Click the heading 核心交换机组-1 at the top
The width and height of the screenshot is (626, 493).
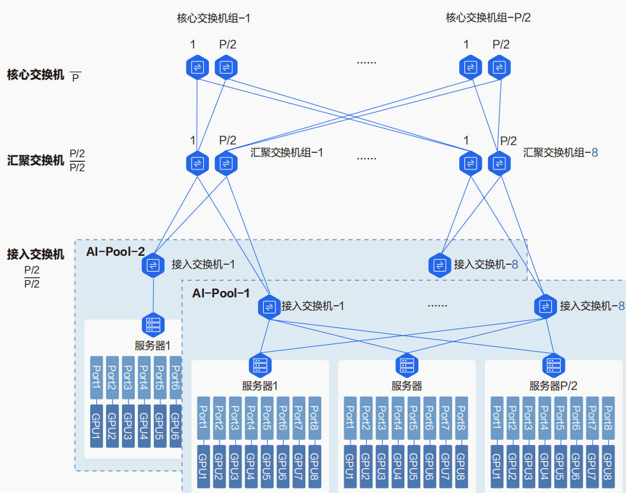(x=213, y=18)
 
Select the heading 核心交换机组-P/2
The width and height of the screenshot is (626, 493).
(x=488, y=18)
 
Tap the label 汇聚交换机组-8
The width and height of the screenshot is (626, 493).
(x=560, y=153)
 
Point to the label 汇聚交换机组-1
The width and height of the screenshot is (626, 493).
(x=287, y=153)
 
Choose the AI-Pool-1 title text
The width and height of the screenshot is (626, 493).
(x=221, y=293)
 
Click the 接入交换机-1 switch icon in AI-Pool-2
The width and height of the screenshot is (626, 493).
(x=153, y=264)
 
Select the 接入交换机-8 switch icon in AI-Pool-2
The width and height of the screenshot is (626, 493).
(x=440, y=264)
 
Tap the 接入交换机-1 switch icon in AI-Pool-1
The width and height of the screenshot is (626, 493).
(x=270, y=306)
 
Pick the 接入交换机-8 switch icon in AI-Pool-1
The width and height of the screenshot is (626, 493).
(x=546, y=306)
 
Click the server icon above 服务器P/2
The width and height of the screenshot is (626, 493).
(x=553, y=365)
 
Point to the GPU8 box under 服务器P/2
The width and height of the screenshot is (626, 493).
(x=607, y=466)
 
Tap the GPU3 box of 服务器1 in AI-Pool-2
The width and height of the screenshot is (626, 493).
(x=128, y=425)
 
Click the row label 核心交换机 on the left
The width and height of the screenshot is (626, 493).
(x=36, y=75)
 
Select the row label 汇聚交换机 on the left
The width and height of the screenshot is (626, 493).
(x=36, y=160)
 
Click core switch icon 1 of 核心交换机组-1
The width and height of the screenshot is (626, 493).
(x=197, y=67)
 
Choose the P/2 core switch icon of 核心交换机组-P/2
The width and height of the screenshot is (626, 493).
(x=500, y=67)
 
